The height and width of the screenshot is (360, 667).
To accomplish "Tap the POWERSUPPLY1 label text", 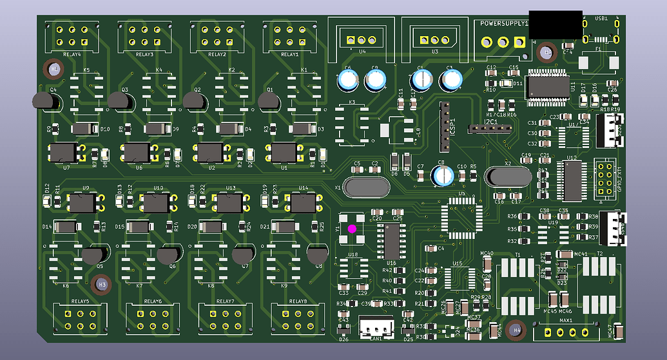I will (x=504, y=24).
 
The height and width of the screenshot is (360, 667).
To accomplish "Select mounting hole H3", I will (x=101, y=283).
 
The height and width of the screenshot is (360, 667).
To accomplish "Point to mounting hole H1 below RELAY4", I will (x=54, y=68).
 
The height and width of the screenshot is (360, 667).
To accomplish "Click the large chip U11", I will (x=547, y=87).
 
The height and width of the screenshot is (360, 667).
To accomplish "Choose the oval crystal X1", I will (x=367, y=187).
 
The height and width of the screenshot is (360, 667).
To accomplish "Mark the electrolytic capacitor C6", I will (x=349, y=80).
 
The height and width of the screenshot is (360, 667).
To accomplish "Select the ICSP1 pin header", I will (x=443, y=125).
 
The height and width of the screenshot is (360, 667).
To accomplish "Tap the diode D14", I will (x=65, y=227).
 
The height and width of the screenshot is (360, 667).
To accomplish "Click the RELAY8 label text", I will (x=298, y=301).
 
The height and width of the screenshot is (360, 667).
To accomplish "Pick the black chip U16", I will (x=392, y=241).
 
